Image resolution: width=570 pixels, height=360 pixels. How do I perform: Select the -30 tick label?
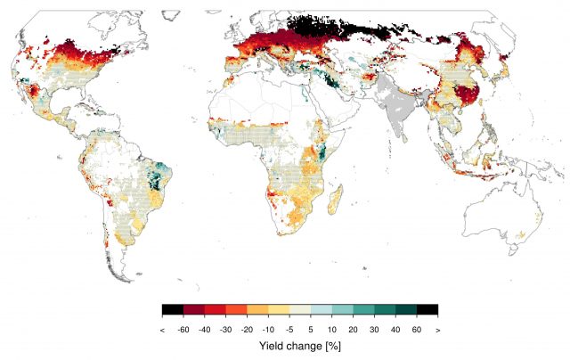click(x=228, y=329)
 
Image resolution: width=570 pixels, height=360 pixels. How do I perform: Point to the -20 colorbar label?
click(x=248, y=329)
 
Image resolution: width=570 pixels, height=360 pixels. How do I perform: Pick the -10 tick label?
click(x=270, y=329)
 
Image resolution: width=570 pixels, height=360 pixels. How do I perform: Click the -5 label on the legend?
click(x=291, y=329)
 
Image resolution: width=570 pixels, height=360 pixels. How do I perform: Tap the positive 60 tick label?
click(x=417, y=329)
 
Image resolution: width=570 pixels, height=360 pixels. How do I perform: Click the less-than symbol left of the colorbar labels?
click(x=163, y=329)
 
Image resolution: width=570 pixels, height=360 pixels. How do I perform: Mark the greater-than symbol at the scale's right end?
click(x=437, y=329)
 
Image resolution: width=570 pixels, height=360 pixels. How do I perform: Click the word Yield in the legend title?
click(x=272, y=344)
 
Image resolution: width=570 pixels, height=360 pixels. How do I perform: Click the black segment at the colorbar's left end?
click(x=173, y=310)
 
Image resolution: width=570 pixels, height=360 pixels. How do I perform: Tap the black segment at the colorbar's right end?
click(x=427, y=310)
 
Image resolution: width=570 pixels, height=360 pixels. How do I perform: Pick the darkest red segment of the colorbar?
click(x=194, y=310)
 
